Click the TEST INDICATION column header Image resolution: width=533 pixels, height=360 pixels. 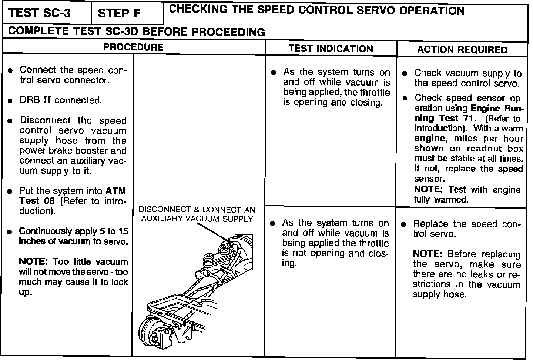[331, 49]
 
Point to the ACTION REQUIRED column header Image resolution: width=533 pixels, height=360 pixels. [462, 50]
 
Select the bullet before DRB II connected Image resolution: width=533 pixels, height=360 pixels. [11, 100]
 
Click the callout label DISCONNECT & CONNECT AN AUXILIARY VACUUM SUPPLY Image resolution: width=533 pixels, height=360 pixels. [197, 214]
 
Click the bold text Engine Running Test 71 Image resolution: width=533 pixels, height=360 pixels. [481, 114]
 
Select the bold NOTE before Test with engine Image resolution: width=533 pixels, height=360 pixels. [428, 190]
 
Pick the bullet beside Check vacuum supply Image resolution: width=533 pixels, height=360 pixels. [406, 73]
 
